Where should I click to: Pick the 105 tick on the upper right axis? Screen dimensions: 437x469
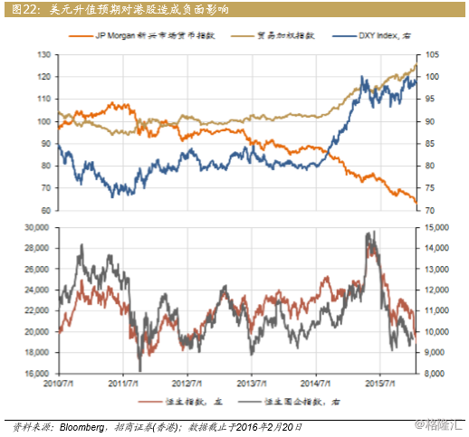pyautogui.click(x=432, y=54)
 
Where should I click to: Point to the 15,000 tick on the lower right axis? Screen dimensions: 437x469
pyautogui.click(x=438, y=227)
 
